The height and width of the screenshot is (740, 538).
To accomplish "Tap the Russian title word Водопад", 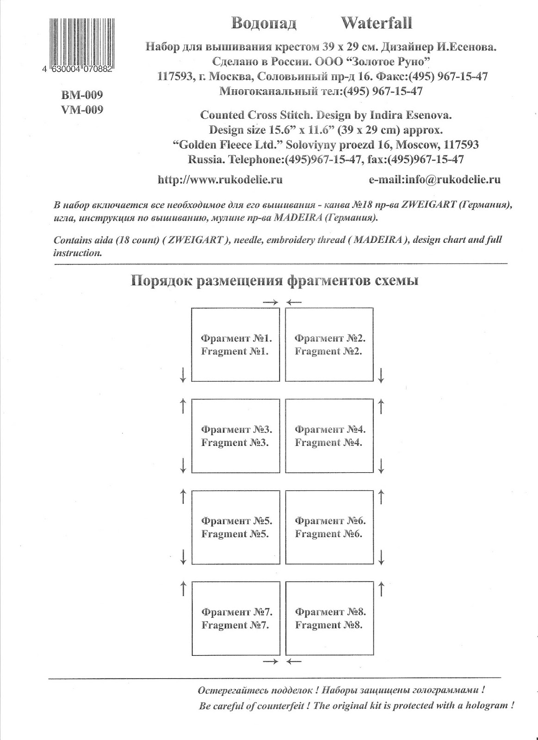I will pyautogui.click(x=263, y=23).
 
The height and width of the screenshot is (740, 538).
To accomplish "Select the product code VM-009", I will pyautogui.click(x=82, y=110).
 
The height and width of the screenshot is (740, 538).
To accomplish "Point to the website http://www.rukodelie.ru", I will pyautogui.click(x=220, y=180).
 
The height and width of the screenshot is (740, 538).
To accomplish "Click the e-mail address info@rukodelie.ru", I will pyautogui.click(x=434, y=180).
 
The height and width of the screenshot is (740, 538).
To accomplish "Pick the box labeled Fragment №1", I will pyautogui.click(x=235, y=345).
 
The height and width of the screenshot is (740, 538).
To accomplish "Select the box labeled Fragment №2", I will pyautogui.click(x=329, y=345).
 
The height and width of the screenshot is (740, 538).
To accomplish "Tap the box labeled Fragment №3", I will pyautogui.click(x=235, y=436).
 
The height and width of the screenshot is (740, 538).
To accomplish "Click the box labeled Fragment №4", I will pyautogui.click(x=329, y=436).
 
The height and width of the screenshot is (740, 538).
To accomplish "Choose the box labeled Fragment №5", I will pyautogui.click(x=235, y=527).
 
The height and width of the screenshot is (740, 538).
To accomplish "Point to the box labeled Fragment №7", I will pyautogui.click(x=235, y=618).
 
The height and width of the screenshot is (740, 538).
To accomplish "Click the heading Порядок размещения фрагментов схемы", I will pyautogui.click(x=275, y=281).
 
